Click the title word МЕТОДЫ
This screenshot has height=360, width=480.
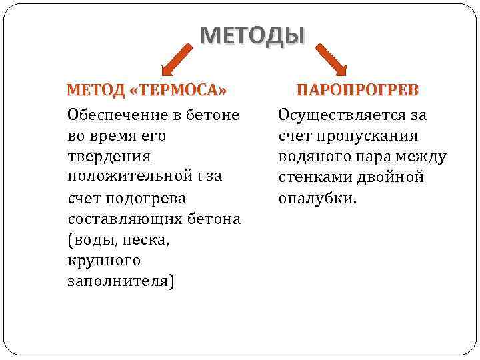click(x=252, y=35)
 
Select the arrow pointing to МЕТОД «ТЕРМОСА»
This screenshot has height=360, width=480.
click(x=177, y=58)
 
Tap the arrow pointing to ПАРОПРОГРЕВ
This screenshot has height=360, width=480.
click(x=331, y=58)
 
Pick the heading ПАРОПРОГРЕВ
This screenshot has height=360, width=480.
click(x=357, y=90)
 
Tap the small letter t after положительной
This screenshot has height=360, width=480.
click(x=200, y=178)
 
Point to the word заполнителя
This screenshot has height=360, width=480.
click(x=120, y=281)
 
